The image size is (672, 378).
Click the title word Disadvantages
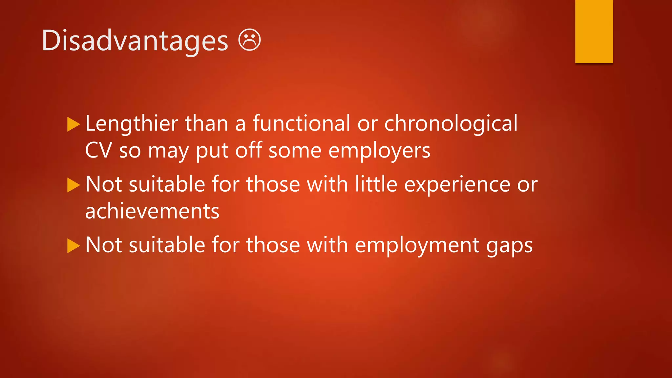pyautogui.click(x=135, y=41)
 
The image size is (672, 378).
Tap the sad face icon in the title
pyautogui.click(x=249, y=40)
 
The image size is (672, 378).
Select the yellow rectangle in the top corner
pyautogui.click(x=594, y=31)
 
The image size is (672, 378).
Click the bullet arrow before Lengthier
pyautogui.click(x=73, y=124)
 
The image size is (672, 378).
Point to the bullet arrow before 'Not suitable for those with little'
pyautogui.click(x=73, y=185)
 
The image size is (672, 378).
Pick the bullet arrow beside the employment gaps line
pyautogui.click(x=73, y=246)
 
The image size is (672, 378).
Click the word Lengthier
pyautogui.click(x=132, y=124)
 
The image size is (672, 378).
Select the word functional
pyautogui.click(x=301, y=124)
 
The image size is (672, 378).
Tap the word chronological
pyautogui.click(x=451, y=124)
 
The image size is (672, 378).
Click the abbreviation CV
pyautogui.click(x=98, y=151)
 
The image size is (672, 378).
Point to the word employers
pyautogui.click(x=379, y=151)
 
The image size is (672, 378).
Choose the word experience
pyautogui.click(x=457, y=184)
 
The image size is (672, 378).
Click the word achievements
pyautogui.click(x=152, y=211)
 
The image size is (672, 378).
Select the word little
pyautogui.click(x=376, y=184)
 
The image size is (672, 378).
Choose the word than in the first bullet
pyautogui.click(x=206, y=124)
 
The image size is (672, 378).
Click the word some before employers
pyautogui.click(x=295, y=151)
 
